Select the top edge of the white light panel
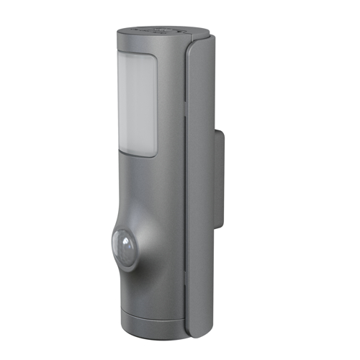(137, 55)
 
